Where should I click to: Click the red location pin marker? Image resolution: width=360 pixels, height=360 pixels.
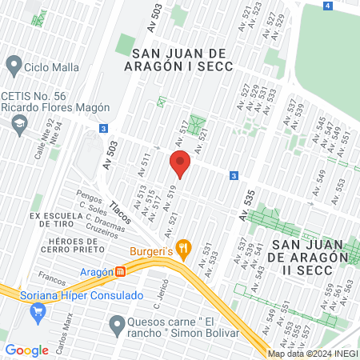point(180,164)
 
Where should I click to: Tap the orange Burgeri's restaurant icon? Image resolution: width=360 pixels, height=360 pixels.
point(185,249)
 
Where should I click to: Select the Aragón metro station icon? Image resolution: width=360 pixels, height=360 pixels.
point(120,272)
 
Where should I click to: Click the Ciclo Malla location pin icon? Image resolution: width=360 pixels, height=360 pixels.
point(13,63)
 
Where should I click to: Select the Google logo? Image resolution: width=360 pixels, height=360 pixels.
point(27,350)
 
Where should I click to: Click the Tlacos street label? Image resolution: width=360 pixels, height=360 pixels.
point(121,213)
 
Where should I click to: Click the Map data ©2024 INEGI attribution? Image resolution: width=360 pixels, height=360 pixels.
point(312,354)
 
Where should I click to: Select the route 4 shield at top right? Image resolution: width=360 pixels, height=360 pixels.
point(328,6)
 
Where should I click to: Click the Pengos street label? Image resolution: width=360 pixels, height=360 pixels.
point(89,195)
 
